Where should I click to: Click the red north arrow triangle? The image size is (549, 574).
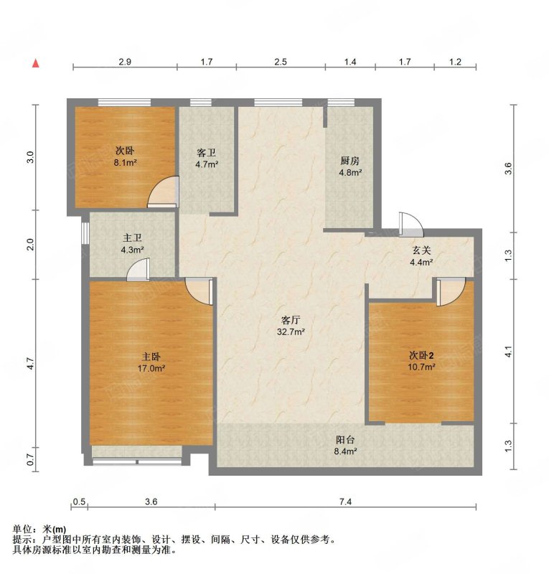pos(36,63)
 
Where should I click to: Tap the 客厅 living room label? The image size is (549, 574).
pos(291,320)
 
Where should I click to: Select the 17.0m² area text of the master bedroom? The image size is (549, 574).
pos(151,368)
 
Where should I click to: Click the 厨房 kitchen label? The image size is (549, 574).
pos(349,160)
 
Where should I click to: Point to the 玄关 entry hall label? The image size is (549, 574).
pos(421,250)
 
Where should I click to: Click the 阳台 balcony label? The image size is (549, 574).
pos(345,439)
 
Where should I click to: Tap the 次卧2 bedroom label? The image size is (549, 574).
pos(421,355)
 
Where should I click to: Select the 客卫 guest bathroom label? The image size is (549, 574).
pos(206,152)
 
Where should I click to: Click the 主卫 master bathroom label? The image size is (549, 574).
pos(132,238)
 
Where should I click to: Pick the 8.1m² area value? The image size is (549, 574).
pos(126,163)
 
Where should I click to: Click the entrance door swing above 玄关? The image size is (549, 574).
pos(411,224)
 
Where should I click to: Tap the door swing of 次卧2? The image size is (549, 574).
pos(451,291)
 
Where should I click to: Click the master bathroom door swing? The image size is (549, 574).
pos(138,270)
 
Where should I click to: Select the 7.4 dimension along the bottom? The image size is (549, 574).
pos(345,502)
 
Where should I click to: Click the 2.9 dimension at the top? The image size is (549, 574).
pos(125,62)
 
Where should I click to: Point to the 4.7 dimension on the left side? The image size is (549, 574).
pos(31,363)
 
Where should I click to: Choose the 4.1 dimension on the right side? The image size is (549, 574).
pos(508,352)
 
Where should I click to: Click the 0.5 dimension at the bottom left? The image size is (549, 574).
pos(79,502)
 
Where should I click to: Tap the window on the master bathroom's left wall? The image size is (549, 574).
pos(85,232)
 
